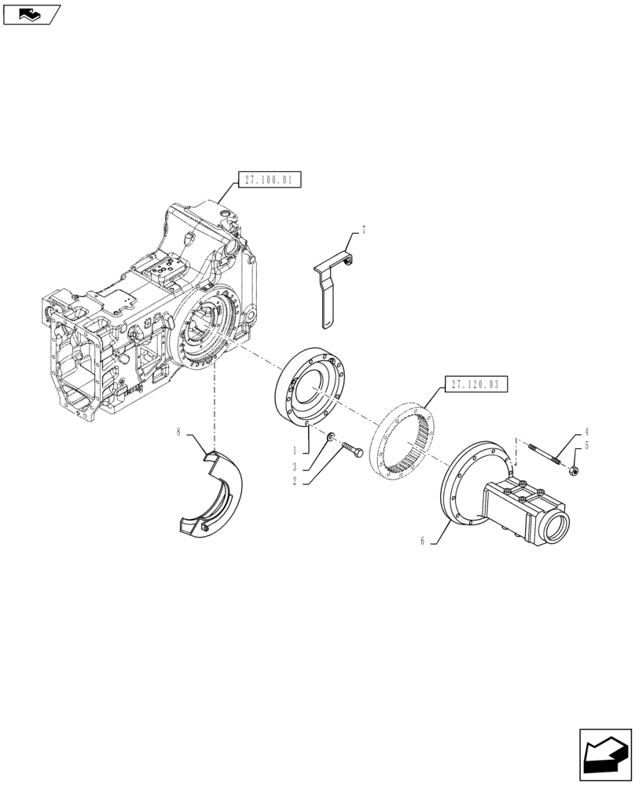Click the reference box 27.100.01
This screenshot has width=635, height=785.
[x=268, y=180]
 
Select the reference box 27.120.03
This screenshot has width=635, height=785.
[x=476, y=385]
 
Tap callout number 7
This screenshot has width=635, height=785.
[x=364, y=230]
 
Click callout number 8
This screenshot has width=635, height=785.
[x=179, y=431]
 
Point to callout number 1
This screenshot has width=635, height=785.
[x=294, y=452]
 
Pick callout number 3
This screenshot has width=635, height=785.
[x=294, y=466]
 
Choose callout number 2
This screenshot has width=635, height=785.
[x=294, y=481]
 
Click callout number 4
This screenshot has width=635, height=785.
[x=585, y=432]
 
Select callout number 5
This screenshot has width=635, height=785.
[x=585, y=446]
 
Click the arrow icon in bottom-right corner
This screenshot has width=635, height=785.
[x=604, y=754]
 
